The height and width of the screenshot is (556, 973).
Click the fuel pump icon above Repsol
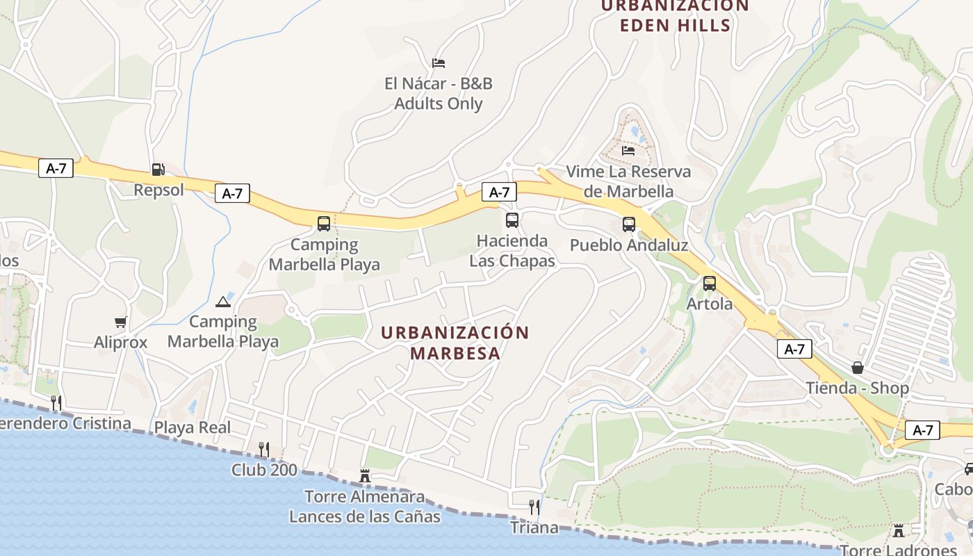[x=158, y=169]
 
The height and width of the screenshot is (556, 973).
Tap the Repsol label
[x=158, y=190]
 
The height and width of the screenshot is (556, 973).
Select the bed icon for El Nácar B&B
[x=439, y=63]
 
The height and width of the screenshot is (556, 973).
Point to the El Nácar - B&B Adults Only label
[x=439, y=93]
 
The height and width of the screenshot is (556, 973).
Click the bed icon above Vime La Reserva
[x=628, y=150]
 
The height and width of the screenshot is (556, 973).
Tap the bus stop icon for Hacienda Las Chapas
[x=512, y=220]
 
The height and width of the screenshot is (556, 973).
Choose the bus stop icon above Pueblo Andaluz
[x=629, y=224]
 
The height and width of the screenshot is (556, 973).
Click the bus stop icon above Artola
[x=710, y=284]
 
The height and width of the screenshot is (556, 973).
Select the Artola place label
[x=710, y=304]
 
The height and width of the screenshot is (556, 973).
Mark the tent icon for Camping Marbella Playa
[x=222, y=302]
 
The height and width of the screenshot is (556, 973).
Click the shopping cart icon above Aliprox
[x=121, y=322]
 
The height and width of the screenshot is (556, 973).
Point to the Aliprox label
[x=121, y=342]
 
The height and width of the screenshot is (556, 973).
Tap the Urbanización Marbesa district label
[x=455, y=343]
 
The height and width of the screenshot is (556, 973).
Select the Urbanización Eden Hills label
[x=675, y=16]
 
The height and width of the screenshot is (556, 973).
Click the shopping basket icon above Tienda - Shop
[x=858, y=368]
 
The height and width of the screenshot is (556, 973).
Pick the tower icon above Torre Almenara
[x=365, y=476]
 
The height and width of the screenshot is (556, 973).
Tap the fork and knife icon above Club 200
[x=264, y=449]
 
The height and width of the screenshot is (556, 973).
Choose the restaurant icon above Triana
[x=534, y=507]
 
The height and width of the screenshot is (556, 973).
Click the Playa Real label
[x=193, y=427]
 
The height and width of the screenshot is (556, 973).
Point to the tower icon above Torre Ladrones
[x=899, y=531]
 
